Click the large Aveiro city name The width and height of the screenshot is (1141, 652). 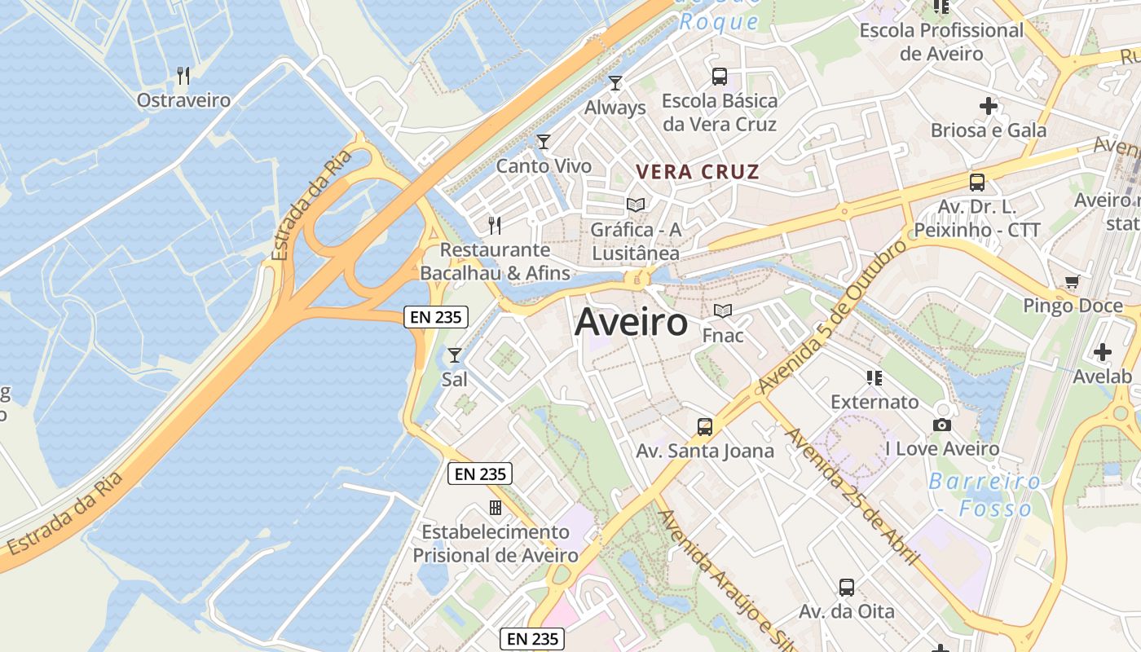(x=631, y=323)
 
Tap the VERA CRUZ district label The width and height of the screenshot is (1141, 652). (x=698, y=172)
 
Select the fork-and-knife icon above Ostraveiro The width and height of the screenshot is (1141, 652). (x=183, y=76)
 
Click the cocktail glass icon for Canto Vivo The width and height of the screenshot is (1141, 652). (x=544, y=142)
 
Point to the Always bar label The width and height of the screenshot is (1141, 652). (x=615, y=108)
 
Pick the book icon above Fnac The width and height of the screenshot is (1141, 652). (x=723, y=311)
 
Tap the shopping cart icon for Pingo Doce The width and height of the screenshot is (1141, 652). (x=1072, y=282)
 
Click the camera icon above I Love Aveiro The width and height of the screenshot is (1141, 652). (x=942, y=425)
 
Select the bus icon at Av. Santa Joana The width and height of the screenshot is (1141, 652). (x=705, y=426)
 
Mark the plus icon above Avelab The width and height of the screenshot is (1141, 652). (x=1103, y=352)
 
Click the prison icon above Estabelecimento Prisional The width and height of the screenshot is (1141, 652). (x=495, y=508)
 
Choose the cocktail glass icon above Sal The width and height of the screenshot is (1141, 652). (x=455, y=355)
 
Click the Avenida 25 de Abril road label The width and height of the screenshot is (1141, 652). (x=852, y=496)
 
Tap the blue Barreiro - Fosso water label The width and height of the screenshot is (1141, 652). (x=985, y=495)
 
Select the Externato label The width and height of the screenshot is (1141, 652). (x=874, y=402)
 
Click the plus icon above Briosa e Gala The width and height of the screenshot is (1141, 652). (x=989, y=105)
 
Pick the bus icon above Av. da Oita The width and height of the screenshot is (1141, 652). (x=847, y=587)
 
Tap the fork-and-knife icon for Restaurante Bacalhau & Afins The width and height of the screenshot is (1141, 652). (x=495, y=225)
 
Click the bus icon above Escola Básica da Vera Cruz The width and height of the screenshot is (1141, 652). (x=720, y=77)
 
